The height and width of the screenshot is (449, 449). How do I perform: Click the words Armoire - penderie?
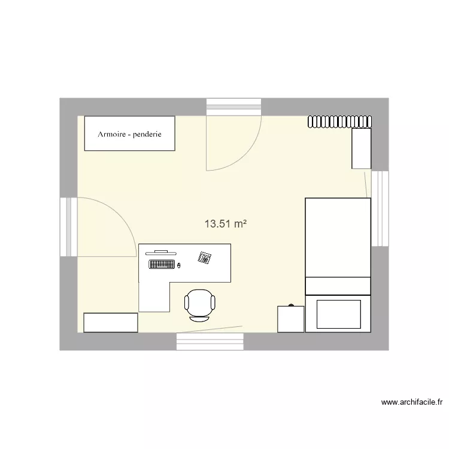(x=129, y=134)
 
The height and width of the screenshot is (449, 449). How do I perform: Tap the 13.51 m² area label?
(x=226, y=224)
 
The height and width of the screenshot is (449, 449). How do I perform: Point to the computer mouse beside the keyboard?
(x=180, y=264)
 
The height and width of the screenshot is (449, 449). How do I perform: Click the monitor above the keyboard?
(x=161, y=253)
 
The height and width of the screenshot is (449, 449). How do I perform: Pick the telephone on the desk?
(x=205, y=257)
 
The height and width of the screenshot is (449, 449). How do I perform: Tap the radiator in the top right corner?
(x=339, y=122)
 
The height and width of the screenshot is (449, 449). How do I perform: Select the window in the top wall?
(x=234, y=107)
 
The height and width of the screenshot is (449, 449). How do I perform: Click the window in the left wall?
(x=68, y=227)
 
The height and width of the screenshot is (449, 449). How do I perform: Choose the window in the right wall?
(x=380, y=208)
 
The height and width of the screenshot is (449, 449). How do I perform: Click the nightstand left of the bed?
(x=290, y=318)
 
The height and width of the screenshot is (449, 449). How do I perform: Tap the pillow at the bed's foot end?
(x=338, y=314)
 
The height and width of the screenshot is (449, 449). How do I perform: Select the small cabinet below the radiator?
(x=361, y=148)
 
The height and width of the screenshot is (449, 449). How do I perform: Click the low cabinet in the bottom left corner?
(x=111, y=322)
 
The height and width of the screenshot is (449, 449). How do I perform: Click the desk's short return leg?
(x=154, y=297)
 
